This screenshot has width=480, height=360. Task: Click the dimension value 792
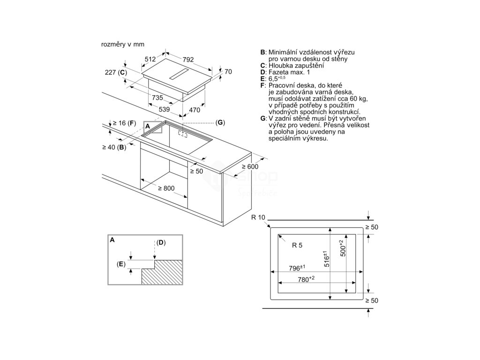tap(188, 60)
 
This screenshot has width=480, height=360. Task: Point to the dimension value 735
tap(157, 98)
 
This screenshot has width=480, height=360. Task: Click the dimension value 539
tap(164, 109)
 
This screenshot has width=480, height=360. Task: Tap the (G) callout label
tap(220, 122)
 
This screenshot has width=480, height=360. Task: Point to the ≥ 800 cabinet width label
tap(166, 188)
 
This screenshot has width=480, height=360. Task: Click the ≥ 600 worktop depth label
tap(250, 166)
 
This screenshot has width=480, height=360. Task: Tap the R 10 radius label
tap(258, 217)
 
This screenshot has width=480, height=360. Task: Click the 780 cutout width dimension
tap(306, 279)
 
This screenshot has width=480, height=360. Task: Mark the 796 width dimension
tap(297, 267)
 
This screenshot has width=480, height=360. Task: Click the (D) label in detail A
tap(161, 242)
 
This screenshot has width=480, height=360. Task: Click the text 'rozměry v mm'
tap(122, 44)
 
